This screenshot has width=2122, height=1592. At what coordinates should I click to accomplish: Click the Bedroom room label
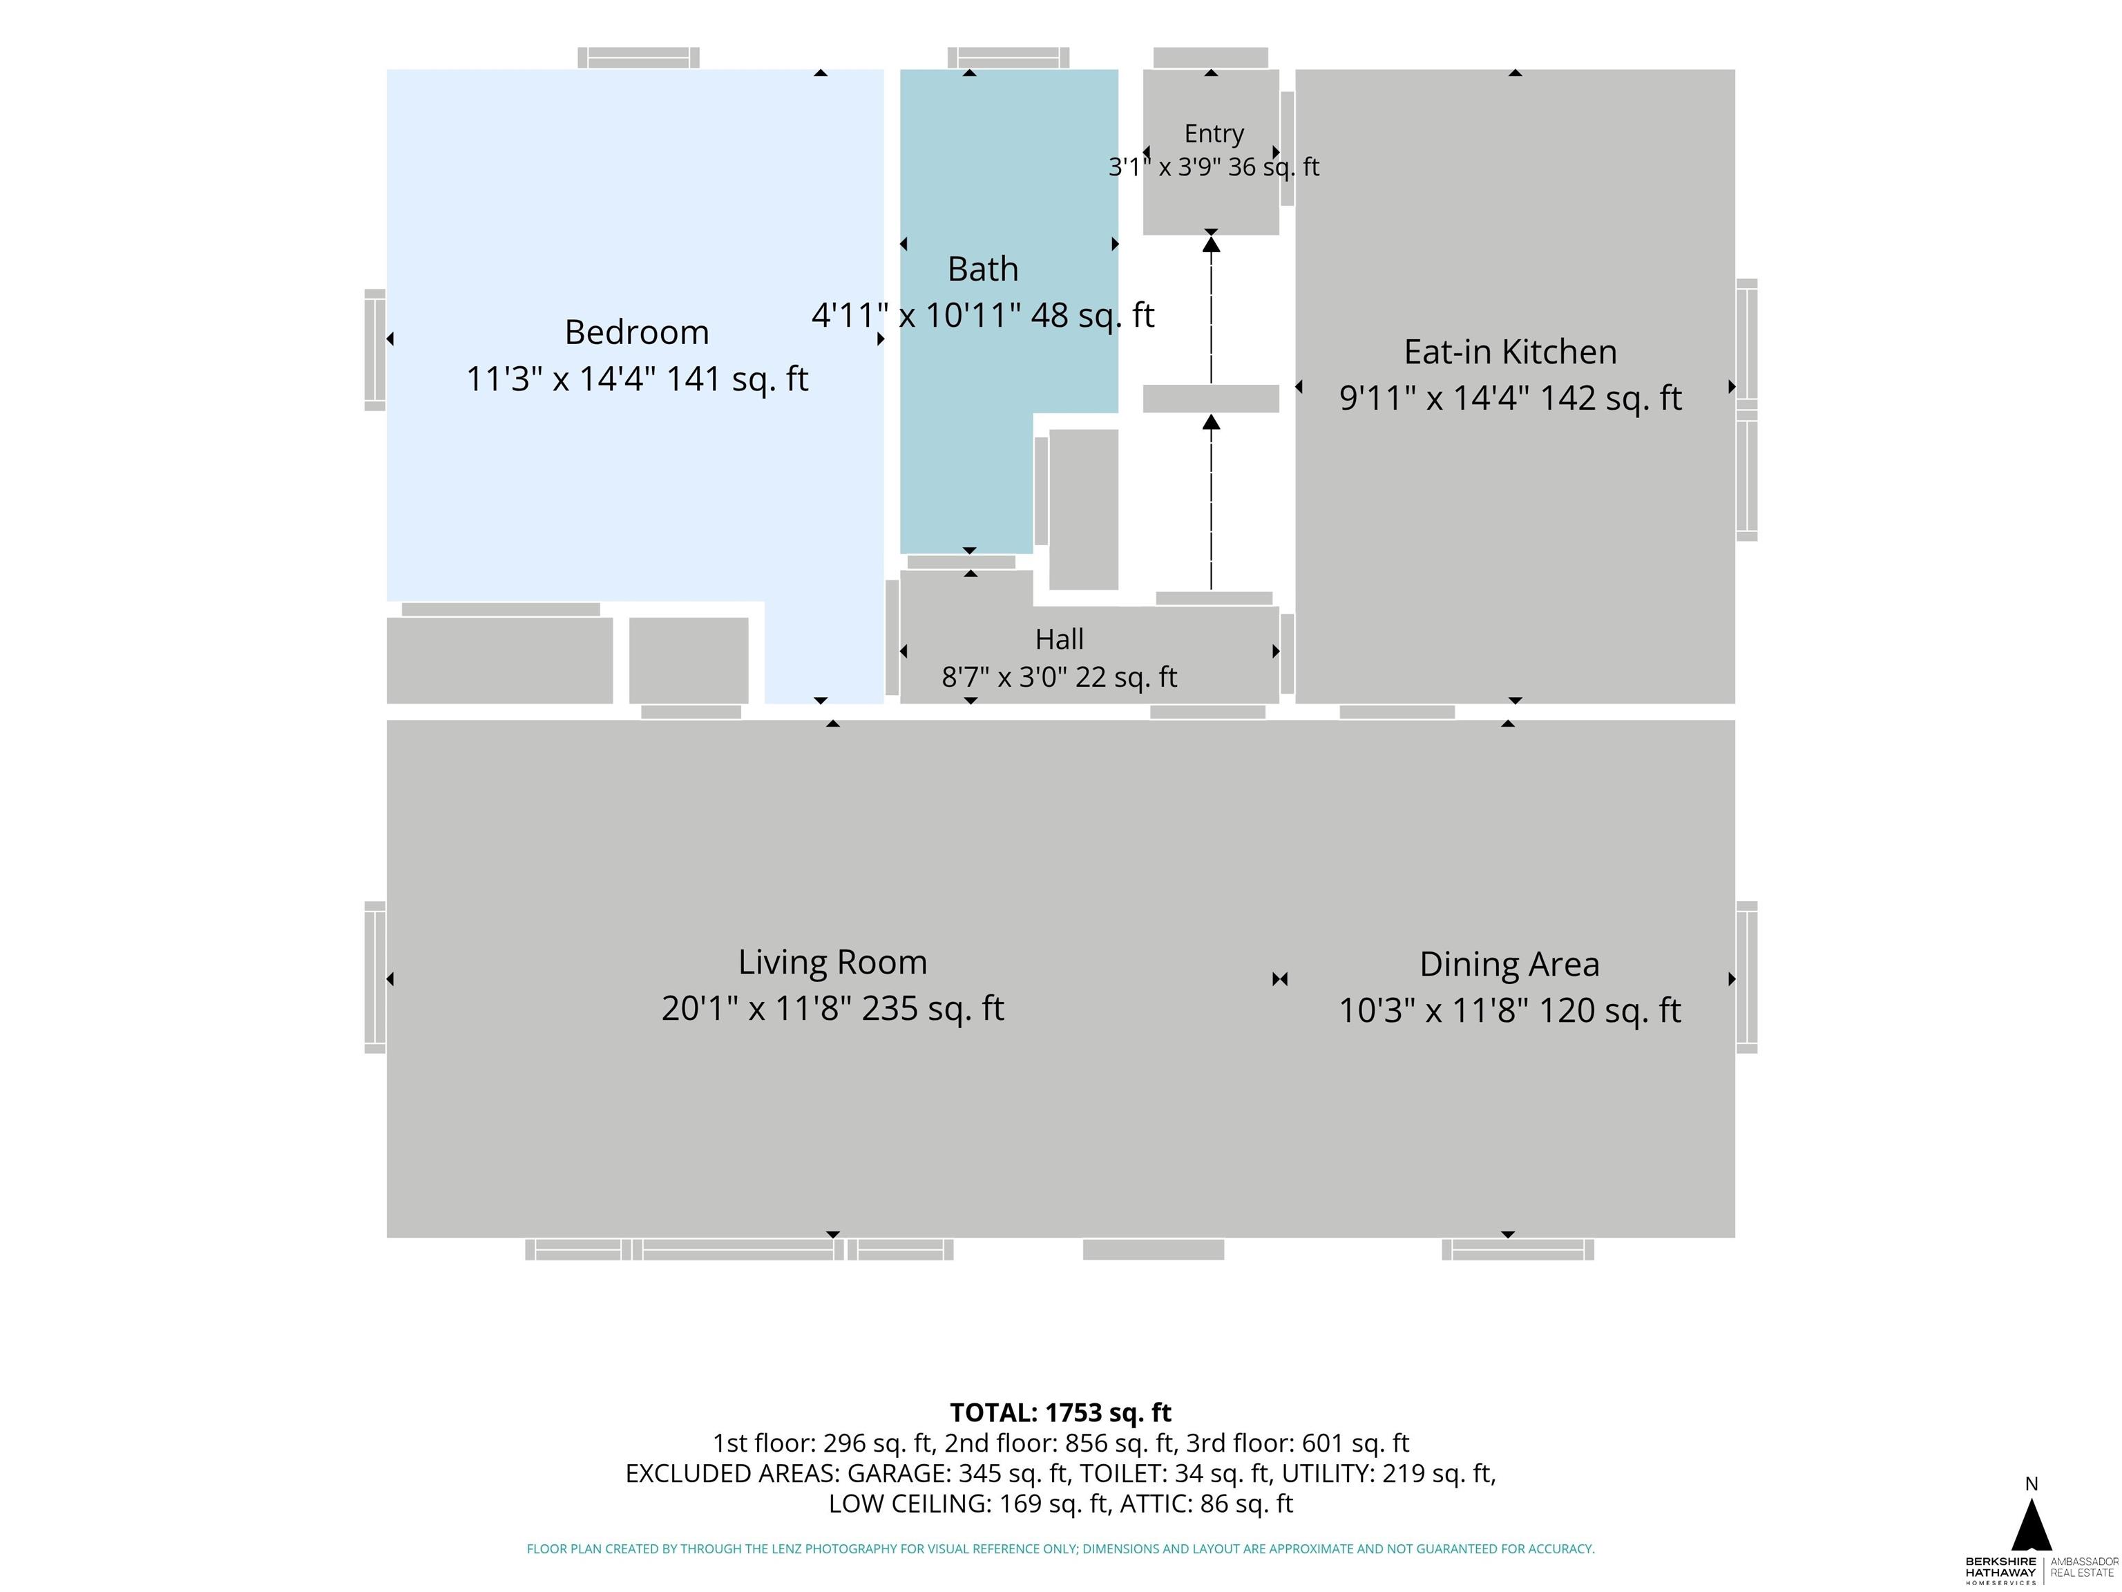[637, 332]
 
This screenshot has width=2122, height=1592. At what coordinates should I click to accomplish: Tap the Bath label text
[984, 269]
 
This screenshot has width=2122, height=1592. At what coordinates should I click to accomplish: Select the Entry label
[1214, 133]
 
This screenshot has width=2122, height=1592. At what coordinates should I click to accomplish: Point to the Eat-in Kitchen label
[1510, 352]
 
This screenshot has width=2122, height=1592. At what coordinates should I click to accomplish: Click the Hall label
[1059, 639]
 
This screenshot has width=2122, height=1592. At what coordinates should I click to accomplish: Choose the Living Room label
[832, 963]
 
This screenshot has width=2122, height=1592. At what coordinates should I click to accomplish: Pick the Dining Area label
[1509, 965]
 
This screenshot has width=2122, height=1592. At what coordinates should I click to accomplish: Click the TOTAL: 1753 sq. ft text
[1060, 1412]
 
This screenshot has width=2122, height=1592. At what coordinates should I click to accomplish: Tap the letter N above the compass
[2031, 1484]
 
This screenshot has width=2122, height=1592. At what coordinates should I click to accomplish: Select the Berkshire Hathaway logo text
[2001, 1570]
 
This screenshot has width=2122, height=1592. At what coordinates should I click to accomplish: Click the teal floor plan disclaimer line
[1060, 1549]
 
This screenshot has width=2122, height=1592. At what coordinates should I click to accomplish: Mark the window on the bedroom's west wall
[375, 350]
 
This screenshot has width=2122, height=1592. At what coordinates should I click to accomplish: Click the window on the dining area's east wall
[1746, 977]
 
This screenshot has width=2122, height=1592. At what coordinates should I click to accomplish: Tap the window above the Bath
[1009, 57]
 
